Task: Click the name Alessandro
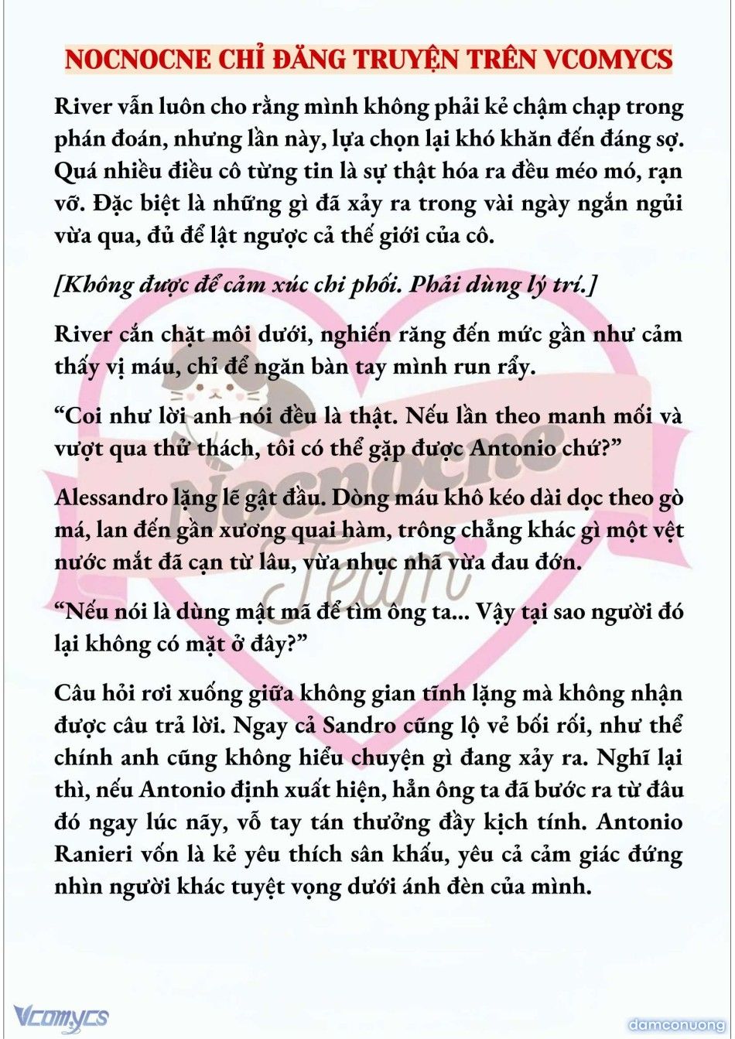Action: click(111, 497)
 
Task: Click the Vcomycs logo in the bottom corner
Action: click(61, 1017)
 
